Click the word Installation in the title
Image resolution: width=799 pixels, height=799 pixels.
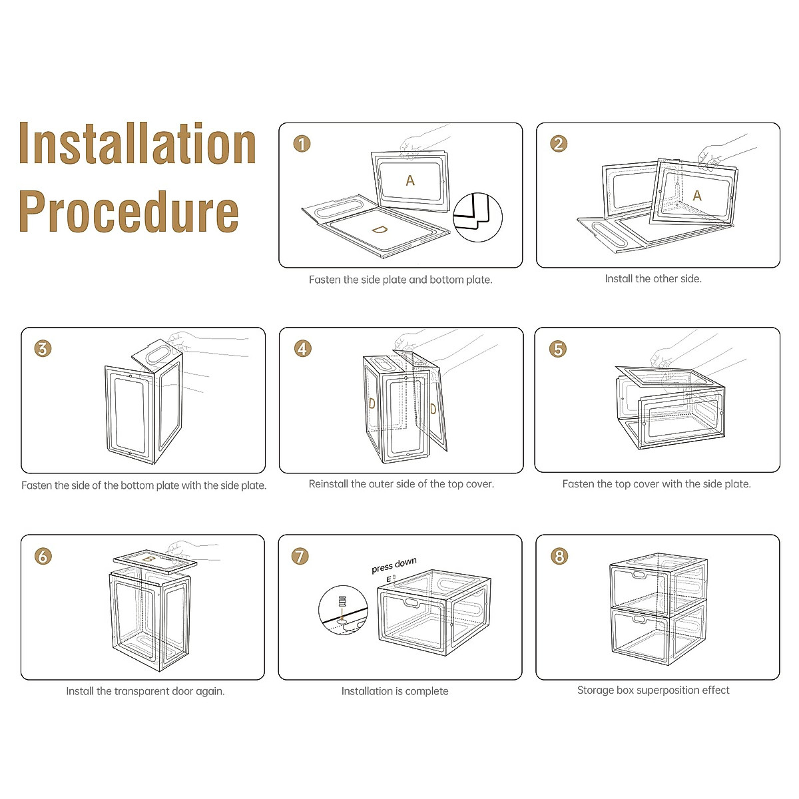click(138, 144)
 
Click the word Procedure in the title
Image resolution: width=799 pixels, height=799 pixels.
click(129, 211)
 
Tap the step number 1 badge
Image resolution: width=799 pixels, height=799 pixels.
click(302, 144)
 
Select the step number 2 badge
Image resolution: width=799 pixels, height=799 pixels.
click(559, 144)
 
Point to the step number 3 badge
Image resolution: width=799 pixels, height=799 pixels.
click(43, 348)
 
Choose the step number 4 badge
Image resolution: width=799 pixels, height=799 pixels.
click(303, 348)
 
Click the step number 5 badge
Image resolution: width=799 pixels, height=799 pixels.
click(558, 348)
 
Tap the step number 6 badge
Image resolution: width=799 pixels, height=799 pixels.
click(43, 556)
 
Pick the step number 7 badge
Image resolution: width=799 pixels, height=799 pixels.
click(301, 556)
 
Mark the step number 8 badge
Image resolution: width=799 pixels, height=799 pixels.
click(559, 556)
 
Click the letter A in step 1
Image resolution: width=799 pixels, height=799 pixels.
click(410, 180)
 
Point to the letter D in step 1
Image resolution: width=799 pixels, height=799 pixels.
click(379, 230)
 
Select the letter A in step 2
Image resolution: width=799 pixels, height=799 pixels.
click(697, 196)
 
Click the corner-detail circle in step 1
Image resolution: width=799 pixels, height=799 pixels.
click(478, 217)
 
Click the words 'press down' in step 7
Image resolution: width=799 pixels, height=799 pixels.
click(394, 565)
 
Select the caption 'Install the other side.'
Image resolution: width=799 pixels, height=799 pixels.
click(653, 279)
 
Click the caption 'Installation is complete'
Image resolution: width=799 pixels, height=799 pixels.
click(395, 691)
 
